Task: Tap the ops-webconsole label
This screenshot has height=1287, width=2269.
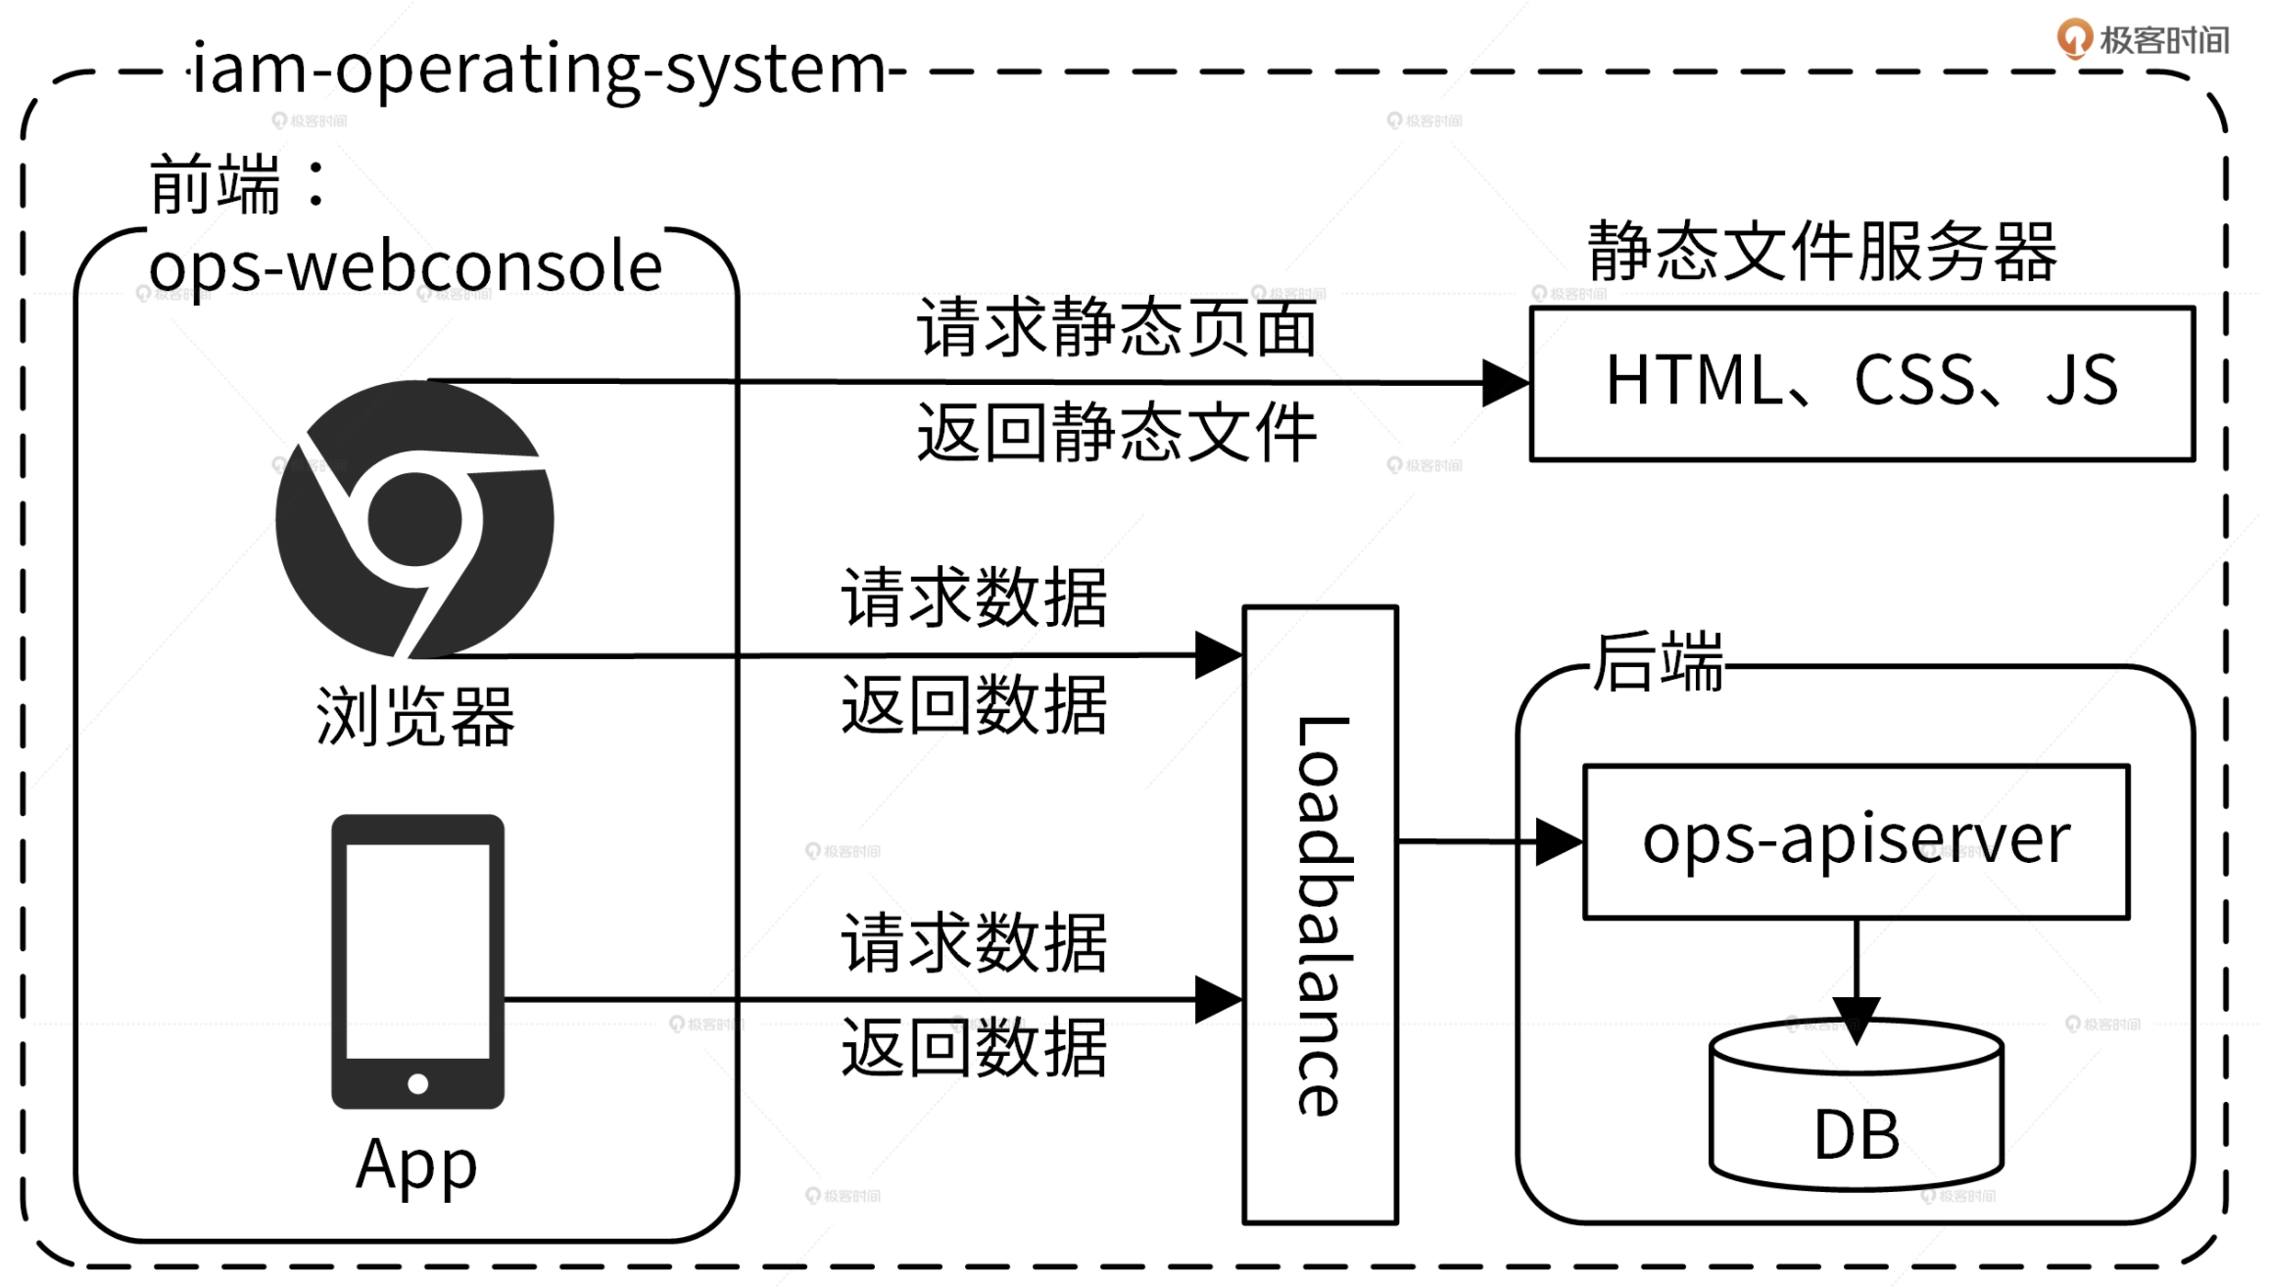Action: (x=406, y=266)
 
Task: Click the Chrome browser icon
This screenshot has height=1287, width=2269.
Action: (x=414, y=519)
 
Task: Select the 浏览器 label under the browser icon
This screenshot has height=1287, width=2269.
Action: (x=414, y=717)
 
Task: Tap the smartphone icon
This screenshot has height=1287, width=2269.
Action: (x=417, y=960)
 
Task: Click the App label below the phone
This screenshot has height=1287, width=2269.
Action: (x=416, y=1166)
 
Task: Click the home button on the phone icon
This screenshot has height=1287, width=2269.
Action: (x=417, y=1083)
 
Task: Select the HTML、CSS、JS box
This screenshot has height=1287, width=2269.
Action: (x=1861, y=383)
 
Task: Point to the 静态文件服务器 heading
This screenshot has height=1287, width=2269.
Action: (x=1822, y=252)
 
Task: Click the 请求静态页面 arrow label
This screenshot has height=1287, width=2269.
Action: (x=1117, y=328)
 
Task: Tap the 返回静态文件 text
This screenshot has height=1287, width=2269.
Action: (x=1117, y=432)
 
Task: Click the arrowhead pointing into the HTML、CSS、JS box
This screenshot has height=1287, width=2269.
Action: (x=1505, y=383)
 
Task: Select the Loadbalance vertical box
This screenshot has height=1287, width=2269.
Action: (x=1320, y=914)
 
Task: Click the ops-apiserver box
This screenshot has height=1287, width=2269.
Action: (x=1856, y=841)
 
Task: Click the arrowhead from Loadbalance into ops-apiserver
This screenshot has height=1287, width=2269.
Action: (x=1558, y=841)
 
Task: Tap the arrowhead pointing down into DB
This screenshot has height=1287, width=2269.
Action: (x=1856, y=1019)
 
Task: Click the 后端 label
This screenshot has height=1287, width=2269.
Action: (x=1658, y=662)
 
